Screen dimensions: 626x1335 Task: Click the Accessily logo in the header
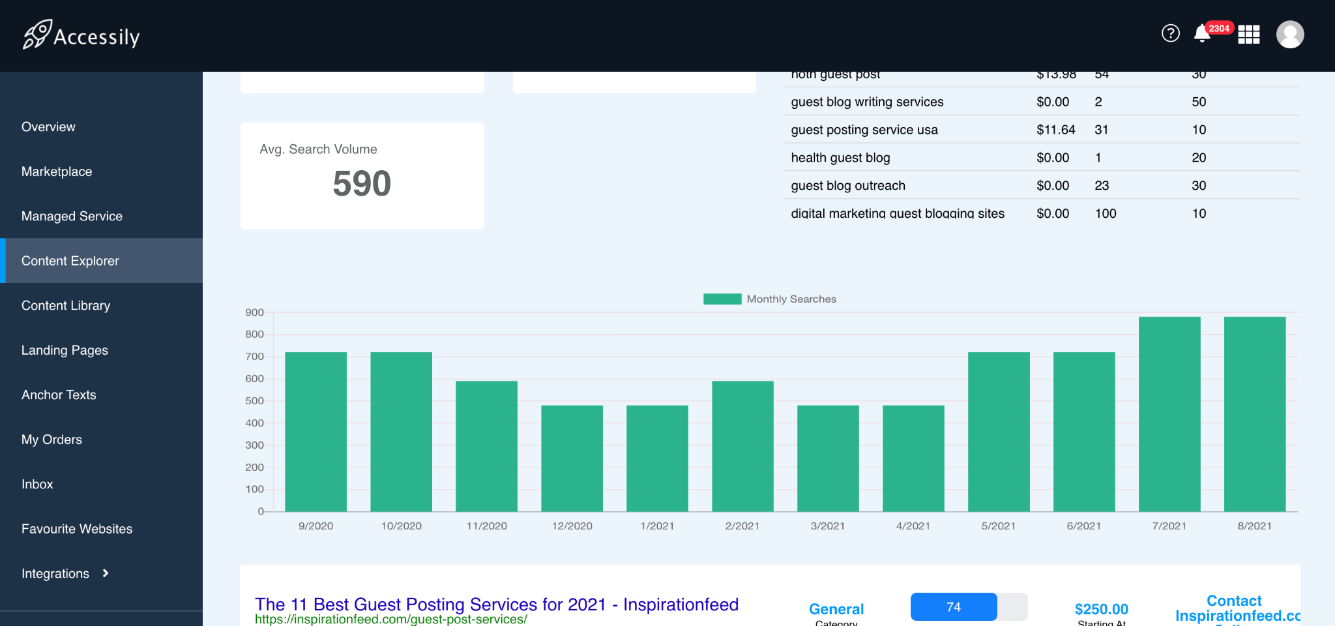[x=81, y=35]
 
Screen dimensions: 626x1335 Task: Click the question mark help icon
[x=1171, y=33]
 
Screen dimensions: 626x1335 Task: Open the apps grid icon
[x=1248, y=34]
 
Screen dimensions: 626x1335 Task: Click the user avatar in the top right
[x=1289, y=35]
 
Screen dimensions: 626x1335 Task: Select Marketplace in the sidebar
[x=57, y=171]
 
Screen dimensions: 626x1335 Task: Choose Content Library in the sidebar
[x=66, y=305]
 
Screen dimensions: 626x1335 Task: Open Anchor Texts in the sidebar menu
[x=59, y=395]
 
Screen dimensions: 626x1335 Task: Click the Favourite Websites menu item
[x=77, y=529]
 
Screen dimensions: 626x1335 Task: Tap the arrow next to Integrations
[x=106, y=573]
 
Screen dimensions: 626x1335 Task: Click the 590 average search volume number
[x=362, y=183]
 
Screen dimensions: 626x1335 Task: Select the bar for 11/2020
[x=486, y=446]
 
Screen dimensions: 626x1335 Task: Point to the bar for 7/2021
[x=1169, y=414]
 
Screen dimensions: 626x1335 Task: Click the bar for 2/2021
[x=742, y=446]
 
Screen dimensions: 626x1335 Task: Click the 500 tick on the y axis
[x=254, y=400]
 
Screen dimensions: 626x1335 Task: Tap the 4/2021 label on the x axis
[x=913, y=526]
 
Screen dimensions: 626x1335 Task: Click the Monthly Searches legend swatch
[x=722, y=299]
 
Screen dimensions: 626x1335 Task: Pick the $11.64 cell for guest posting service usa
[x=1055, y=130]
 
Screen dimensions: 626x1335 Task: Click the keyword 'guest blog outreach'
[x=848, y=186]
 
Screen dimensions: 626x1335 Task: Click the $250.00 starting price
[x=1101, y=609]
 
